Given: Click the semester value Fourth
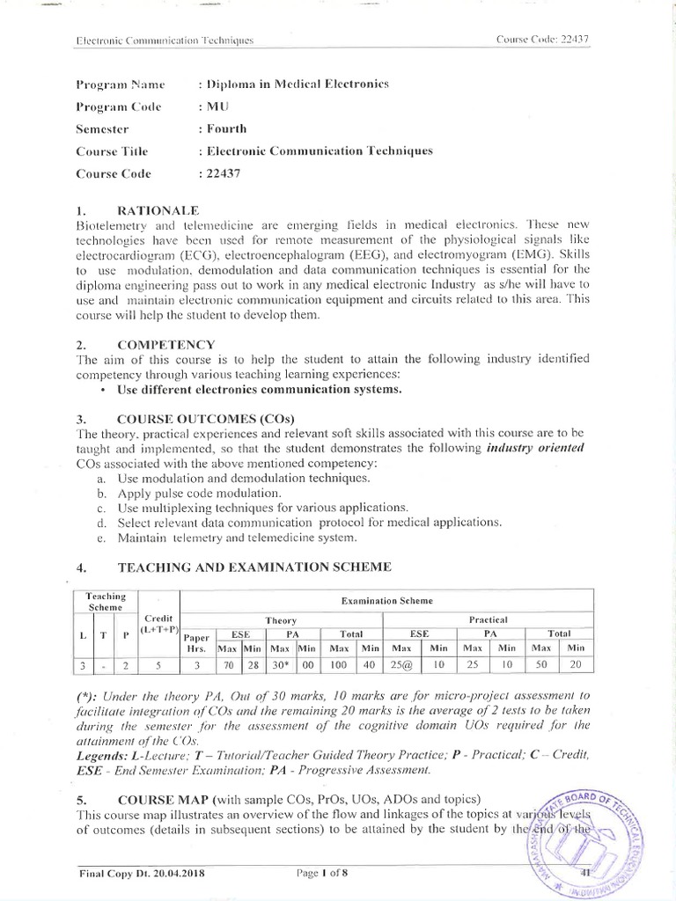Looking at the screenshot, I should [x=220, y=128].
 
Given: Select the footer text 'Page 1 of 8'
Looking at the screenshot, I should [x=325, y=873].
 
